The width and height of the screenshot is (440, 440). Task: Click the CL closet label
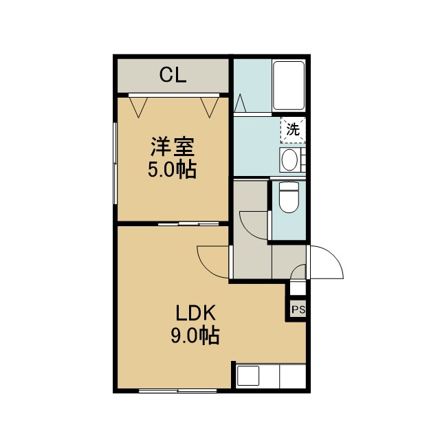coord(173,75)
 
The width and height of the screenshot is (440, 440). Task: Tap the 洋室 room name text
coord(173,146)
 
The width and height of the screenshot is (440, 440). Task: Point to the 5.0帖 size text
coord(172,170)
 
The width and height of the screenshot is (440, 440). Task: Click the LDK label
coord(195,313)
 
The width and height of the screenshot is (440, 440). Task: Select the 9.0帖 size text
coord(195,335)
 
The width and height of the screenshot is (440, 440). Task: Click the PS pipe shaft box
coord(298,309)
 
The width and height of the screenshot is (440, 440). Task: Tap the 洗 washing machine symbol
coord(293,130)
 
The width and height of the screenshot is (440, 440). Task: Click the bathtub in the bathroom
coord(289,85)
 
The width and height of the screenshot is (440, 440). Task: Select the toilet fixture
coord(289,197)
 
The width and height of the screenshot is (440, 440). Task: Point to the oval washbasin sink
coord(289,159)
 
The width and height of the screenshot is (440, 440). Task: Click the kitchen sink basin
coord(247,376)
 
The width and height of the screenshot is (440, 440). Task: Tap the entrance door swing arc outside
coord(334,255)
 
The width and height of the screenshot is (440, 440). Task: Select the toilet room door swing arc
coord(247,231)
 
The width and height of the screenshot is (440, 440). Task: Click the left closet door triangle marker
coord(138,107)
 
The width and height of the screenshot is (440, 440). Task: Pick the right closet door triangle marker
coord(210,107)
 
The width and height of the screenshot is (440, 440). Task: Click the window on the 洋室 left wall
coord(115,163)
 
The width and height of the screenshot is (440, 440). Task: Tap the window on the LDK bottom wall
coord(177,390)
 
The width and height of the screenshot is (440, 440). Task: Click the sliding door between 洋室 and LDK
coord(188,223)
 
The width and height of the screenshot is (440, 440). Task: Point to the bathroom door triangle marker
coord(240,103)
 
